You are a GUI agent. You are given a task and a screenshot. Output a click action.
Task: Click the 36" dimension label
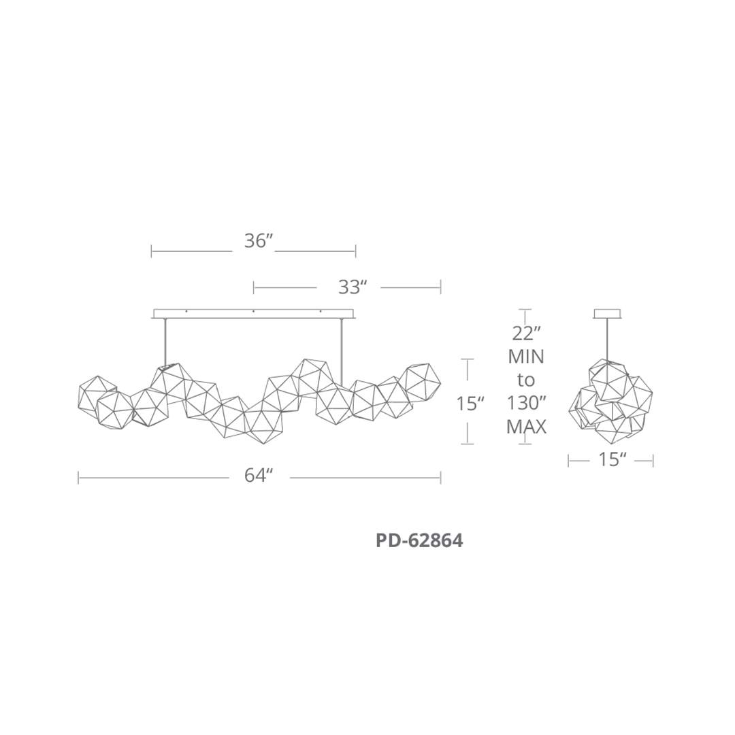pyautogui.click(x=259, y=241)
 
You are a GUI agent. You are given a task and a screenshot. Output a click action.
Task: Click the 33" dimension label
pyautogui.click(x=353, y=287)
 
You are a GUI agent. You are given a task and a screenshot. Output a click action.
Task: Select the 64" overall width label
pyautogui.click(x=259, y=476)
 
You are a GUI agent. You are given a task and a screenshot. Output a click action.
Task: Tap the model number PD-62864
pyautogui.click(x=419, y=541)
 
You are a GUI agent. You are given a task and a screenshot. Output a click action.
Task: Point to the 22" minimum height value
pyautogui.click(x=526, y=333)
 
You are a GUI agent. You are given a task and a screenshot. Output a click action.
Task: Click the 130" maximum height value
pyautogui.click(x=526, y=403)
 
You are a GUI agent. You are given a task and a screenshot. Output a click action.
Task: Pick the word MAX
pyautogui.click(x=526, y=427)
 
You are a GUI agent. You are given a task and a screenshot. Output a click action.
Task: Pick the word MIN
pyautogui.click(x=526, y=356)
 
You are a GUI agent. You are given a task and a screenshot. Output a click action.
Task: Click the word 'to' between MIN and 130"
pyautogui.click(x=526, y=380)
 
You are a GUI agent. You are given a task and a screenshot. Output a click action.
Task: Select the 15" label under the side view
pyautogui.click(x=612, y=460)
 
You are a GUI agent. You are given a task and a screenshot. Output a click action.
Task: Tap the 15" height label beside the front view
pyautogui.click(x=470, y=404)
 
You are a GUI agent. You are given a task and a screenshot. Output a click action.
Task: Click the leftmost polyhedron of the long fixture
pyautogui.click(x=97, y=393)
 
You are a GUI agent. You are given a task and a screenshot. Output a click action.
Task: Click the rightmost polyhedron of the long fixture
pyautogui.click(x=421, y=382)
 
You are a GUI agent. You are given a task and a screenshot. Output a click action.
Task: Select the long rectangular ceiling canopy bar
pyautogui.click(x=253, y=314)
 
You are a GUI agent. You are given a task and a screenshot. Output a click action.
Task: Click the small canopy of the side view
pyautogui.click(x=607, y=314)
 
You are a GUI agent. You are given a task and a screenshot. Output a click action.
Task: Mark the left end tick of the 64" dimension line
pyautogui.click(x=79, y=478)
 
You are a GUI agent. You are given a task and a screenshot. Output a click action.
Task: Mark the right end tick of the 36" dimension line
pyautogui.click(x=355, y=251)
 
